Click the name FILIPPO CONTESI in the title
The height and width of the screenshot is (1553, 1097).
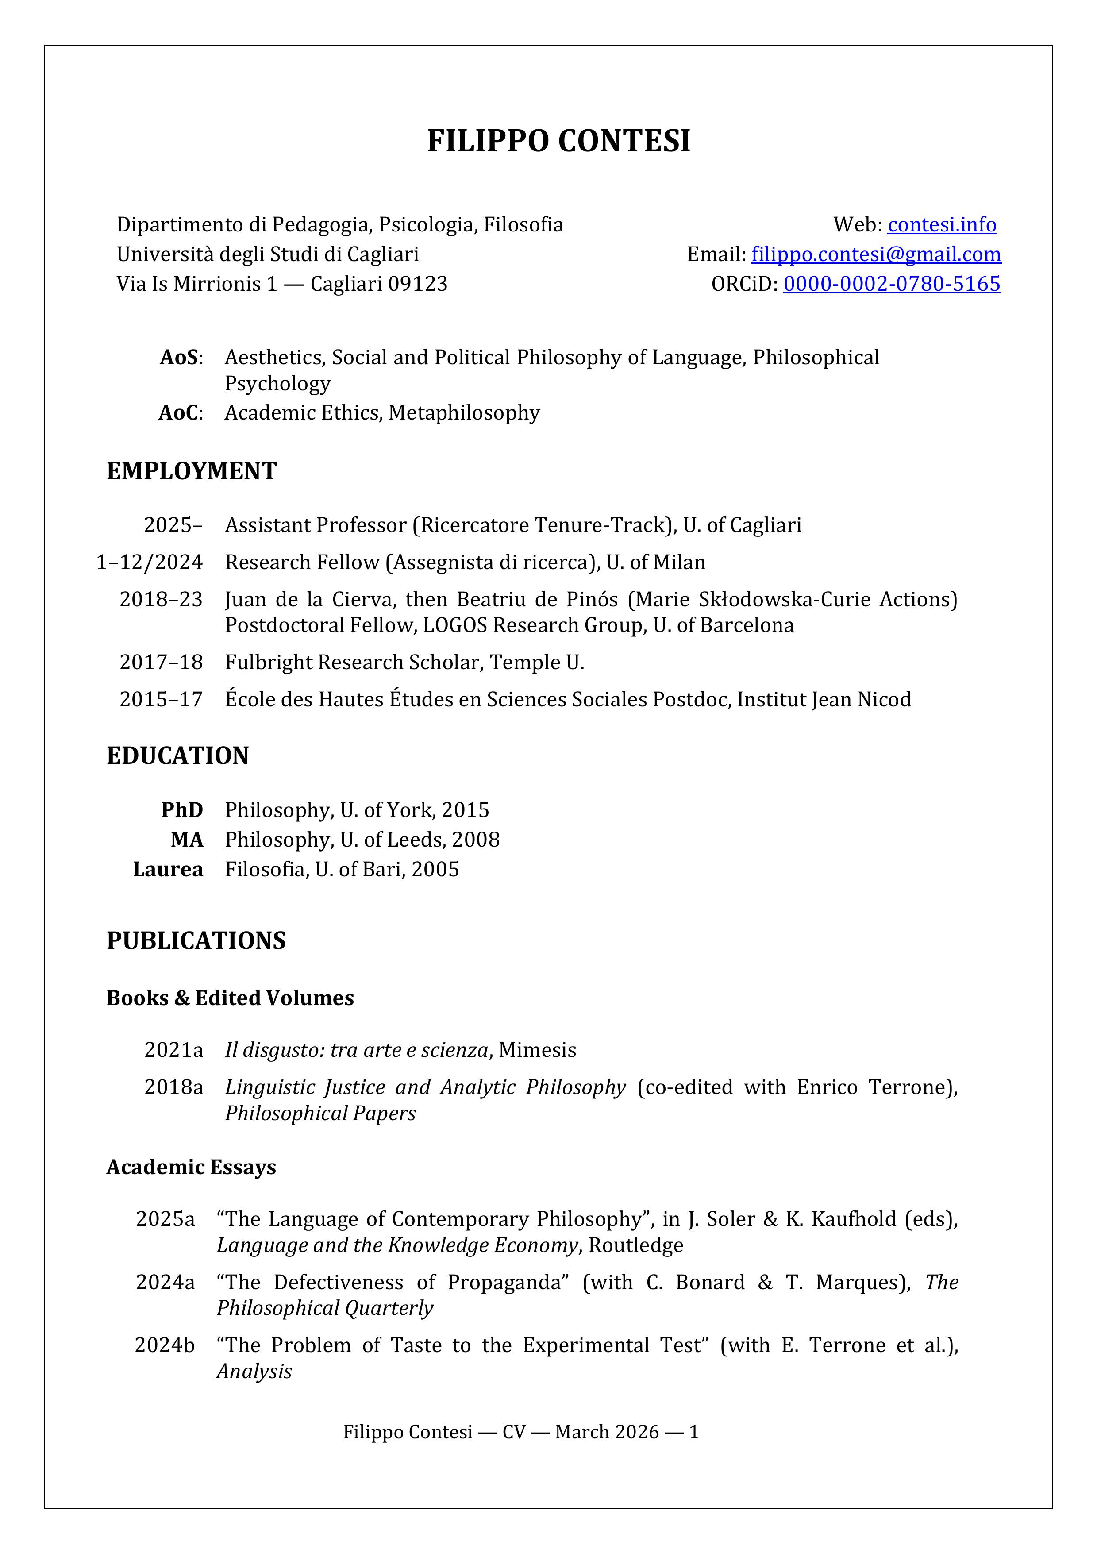558,141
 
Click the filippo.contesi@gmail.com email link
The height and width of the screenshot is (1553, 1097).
876,254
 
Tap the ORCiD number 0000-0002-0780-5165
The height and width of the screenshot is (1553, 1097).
891,284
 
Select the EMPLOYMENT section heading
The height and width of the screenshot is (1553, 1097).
192,471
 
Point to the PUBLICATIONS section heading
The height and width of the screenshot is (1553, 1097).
196,941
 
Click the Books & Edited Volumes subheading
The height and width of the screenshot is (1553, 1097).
230,998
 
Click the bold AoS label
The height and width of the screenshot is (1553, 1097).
180,357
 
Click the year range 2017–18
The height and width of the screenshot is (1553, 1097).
161,662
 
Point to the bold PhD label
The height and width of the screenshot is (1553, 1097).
182,810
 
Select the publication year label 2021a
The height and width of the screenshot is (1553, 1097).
173,1050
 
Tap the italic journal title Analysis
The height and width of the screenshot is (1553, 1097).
254,1372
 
